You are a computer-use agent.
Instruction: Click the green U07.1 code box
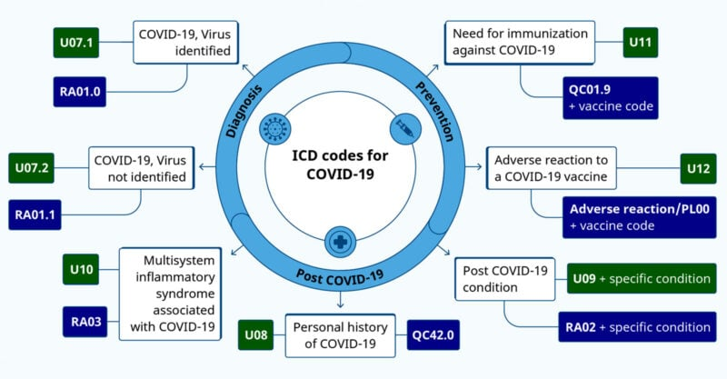point(76,43)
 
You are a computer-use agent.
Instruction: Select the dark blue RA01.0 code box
point(80,92)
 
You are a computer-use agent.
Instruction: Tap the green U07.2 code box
point(32,168)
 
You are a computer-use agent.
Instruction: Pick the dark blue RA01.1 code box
point(35,214)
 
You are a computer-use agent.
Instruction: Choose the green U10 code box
point(81,269)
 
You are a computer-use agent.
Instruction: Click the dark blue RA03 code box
point(85,322)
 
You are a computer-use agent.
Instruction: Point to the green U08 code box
point(256,335)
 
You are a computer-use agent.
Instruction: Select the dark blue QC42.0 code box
point(433,335)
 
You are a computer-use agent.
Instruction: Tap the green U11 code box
point(641,43)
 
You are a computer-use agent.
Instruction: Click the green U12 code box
point(698,168)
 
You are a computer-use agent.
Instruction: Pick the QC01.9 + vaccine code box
point(611,98)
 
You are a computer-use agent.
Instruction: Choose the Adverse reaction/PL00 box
point(640,217)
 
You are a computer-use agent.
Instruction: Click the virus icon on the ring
point(275,128)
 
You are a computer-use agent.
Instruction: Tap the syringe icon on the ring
point(405,128)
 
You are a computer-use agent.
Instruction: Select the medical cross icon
point(340,242)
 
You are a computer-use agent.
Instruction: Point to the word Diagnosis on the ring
point(244,111)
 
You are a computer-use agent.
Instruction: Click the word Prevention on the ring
point(434,111)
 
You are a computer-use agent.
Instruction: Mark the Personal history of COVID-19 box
point(340,335)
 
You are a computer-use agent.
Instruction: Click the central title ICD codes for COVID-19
point(340,165)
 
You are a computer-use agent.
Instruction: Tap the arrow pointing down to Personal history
point(340,300)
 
